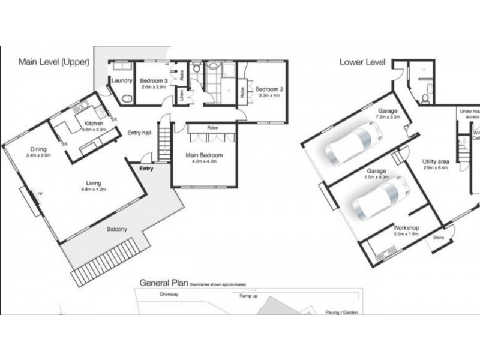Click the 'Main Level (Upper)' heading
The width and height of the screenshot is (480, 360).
click(x=54, y=61)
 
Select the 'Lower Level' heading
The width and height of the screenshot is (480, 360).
click(x=362, y=61)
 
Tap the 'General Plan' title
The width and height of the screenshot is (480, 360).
click(x=164, y=282)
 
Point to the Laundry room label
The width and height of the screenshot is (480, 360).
click(x=122, y=80)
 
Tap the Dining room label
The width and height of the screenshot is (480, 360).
click(x=38, y=150)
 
